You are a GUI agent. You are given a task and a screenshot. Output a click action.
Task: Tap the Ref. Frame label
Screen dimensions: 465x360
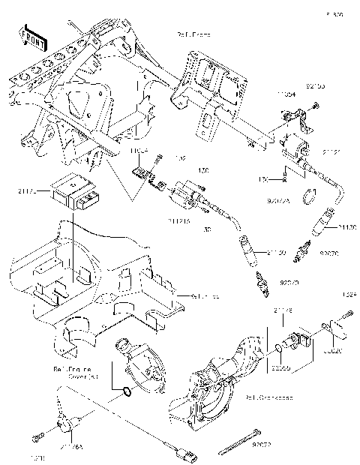[x=192, y=34]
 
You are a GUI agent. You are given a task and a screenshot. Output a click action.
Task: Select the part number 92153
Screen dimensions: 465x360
[x=315, y=87]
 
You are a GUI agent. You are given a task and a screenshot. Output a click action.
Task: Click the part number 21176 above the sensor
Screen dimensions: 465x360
[x=283, y=309]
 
